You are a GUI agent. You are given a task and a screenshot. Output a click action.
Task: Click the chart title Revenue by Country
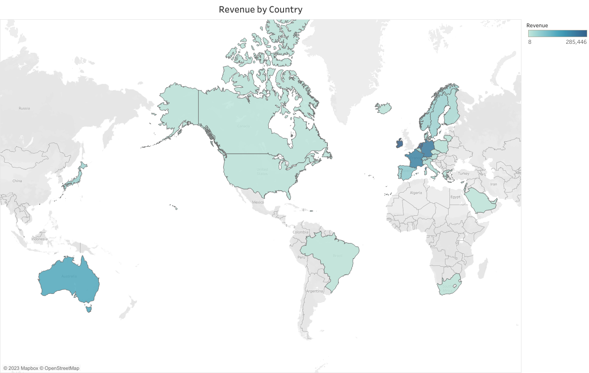pos(260,9)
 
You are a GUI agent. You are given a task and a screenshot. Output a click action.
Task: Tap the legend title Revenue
pos(537,25)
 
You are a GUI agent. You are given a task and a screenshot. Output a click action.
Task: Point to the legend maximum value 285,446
pos(576,42)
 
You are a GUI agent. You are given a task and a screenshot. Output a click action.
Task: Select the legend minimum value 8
pos(530,42)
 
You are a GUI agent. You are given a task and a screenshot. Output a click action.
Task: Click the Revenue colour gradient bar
pos(557,34)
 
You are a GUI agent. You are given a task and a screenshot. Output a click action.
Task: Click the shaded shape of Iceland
pos(383,108)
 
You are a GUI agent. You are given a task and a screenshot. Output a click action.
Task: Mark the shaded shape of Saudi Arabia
pos(479,201)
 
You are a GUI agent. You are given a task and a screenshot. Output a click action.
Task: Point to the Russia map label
pos(24,108)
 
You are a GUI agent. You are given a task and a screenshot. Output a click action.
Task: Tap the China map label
pos(17,181)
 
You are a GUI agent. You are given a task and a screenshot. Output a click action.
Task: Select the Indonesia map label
pos(39,239)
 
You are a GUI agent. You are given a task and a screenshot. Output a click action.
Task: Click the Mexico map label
pos(258,202)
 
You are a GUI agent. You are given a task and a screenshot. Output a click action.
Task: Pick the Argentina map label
pos(314,291)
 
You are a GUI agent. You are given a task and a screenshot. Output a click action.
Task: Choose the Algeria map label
pos(416,193)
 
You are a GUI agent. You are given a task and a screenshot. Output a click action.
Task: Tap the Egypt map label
pos(455,197)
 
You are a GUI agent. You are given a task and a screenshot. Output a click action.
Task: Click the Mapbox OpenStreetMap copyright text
pos(41,368)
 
